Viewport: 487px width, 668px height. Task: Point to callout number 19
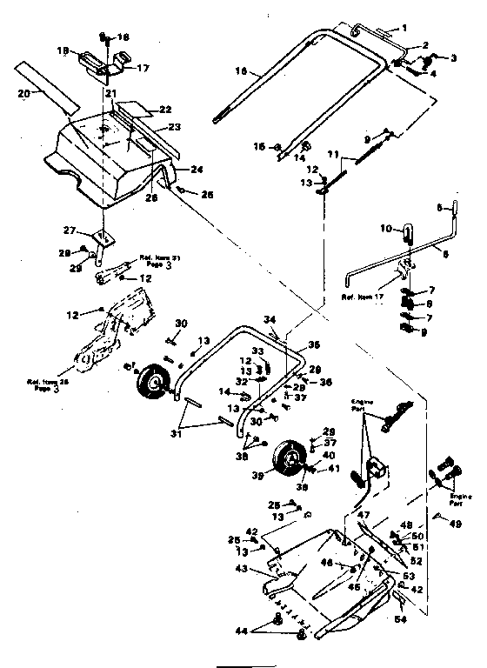pos(62,51)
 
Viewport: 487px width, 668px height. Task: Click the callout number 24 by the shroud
pos(197,169)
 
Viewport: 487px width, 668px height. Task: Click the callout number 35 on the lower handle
pos(314,344)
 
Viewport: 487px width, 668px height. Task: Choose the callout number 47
pos(365,517)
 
